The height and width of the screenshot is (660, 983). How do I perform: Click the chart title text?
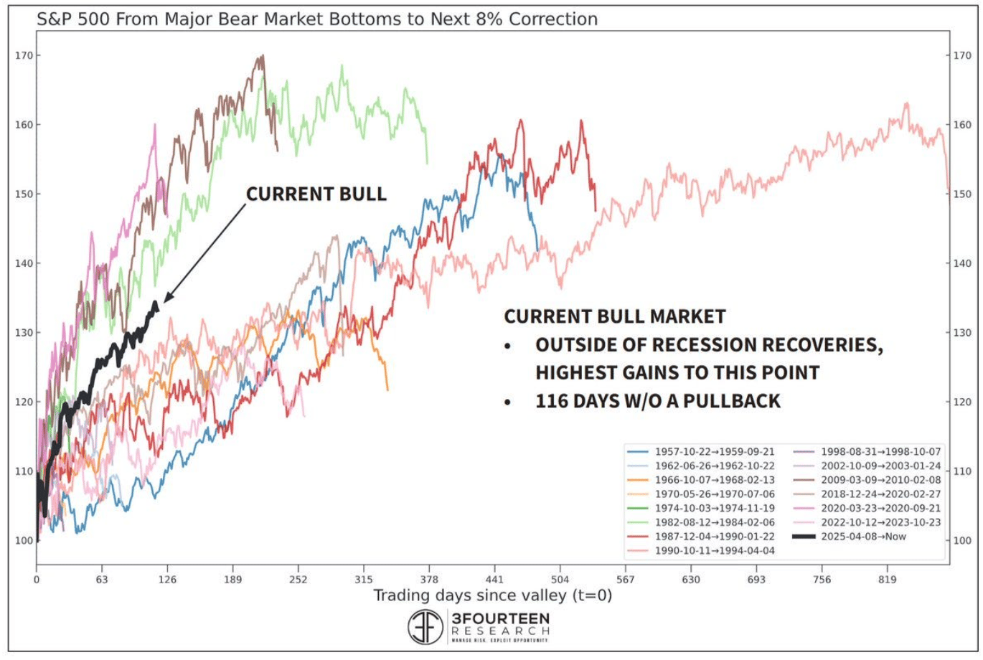[x=317, y=19]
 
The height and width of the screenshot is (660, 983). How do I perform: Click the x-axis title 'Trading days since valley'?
[x=492, y=595]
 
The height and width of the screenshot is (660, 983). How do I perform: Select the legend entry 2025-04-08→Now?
[x=863, y=537]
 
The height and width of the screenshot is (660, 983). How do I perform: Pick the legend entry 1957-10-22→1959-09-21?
[x=714, y=452]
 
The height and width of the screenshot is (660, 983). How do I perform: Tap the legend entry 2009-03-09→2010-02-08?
[x=880, y=480]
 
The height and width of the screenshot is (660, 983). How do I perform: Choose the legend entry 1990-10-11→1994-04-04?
[x=714, y=551]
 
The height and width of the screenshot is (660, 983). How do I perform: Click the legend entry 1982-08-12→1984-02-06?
[x=714, y=522]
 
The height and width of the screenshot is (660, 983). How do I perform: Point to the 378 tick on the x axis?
[x=429, y=580]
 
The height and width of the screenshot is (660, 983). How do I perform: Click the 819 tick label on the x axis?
[x=888, y=580]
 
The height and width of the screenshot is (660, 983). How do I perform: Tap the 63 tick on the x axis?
[x=102, y=580]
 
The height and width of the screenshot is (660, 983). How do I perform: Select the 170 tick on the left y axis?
[x=24, y=55]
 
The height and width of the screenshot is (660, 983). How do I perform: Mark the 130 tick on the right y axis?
[x=962, y=333]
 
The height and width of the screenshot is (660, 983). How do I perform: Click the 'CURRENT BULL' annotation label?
[x=316, y=194]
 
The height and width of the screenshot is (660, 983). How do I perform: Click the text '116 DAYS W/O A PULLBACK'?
[x=657, y=401]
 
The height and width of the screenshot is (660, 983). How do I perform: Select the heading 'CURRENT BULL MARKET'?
[x=614, y=316]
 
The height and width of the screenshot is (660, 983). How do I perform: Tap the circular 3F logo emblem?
[x=425, y=626]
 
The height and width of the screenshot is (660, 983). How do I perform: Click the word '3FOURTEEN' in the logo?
[x=500, y=618]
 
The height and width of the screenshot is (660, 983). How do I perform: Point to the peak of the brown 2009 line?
[x=263, y=55]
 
